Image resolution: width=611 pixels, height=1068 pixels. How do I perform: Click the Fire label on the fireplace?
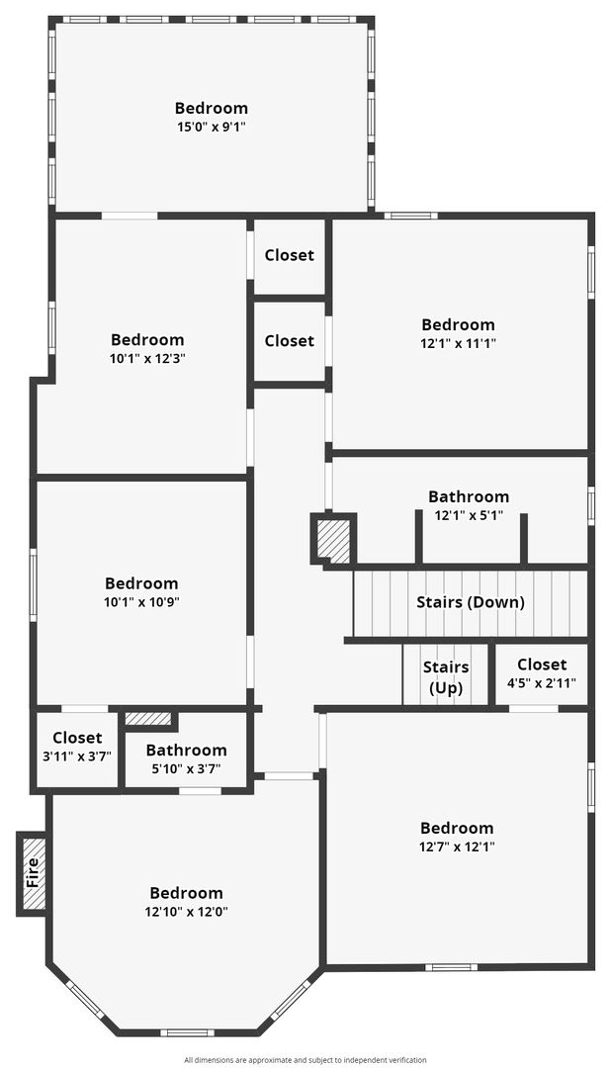(x=32, y=872)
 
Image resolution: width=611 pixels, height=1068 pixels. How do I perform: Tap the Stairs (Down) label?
(x=471, y=602)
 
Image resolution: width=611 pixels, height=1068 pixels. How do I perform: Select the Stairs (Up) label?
(x=446, y=677)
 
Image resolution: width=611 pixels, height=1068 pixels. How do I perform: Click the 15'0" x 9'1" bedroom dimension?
(x=212, y=127)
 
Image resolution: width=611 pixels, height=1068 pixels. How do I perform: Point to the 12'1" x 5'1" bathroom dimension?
(x=469, y=515)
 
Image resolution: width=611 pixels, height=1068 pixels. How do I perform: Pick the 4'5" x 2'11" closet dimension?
(x=542, y=681)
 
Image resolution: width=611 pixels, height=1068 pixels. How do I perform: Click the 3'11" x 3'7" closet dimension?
(x=77, y=756)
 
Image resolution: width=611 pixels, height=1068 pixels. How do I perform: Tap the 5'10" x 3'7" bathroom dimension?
(x=186, y=769)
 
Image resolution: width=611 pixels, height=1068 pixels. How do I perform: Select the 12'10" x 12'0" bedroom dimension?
(x=186, y=912)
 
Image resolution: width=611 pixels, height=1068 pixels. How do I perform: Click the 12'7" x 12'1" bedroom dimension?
(x=457, y=846)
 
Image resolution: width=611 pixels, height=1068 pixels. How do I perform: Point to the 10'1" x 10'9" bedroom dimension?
(x=141, y=602)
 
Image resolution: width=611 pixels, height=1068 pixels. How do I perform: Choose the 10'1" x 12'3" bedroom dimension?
(x=147, y=358)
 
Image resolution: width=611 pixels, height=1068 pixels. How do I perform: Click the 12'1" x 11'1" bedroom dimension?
(x=458, y=343)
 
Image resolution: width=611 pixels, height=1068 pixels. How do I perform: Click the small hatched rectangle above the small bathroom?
(x=148, y=719)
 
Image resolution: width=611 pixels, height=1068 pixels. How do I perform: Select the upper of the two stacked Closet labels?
(x=290, y=255)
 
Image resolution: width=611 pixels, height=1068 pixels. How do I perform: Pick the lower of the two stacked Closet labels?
(x=290, y=340)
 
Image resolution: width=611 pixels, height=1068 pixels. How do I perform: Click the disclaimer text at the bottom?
(x=305, y=1060)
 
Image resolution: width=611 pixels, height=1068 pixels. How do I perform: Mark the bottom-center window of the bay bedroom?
(x=187, y=1032)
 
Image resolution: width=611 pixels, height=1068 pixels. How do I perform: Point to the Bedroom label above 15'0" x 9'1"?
(x=212, y=108)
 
